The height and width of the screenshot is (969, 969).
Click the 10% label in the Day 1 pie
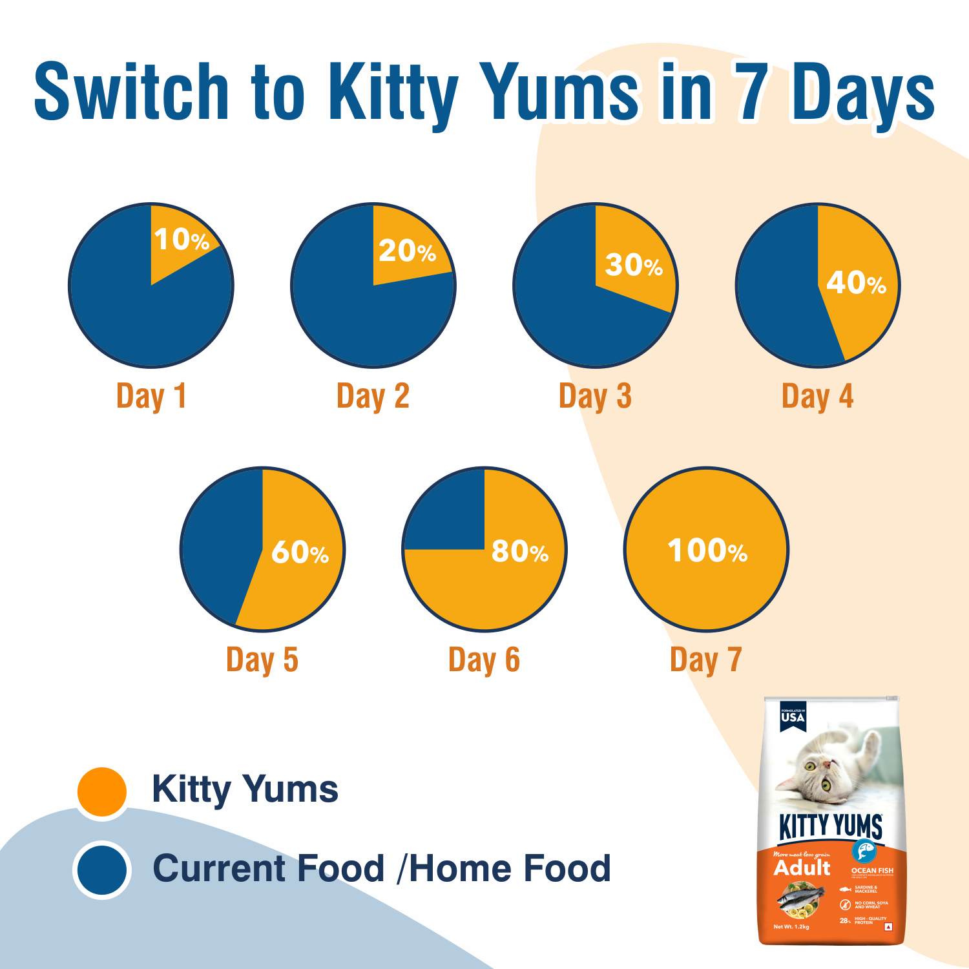pyautogui.click(x=182, y=240)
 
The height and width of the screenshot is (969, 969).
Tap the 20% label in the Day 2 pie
pyautogui.click(x=407, y=251)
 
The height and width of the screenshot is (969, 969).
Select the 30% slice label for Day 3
pyautogui.click(x=634, y=265)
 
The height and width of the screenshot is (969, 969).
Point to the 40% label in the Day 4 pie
pyautogui.click(x=856, y=282)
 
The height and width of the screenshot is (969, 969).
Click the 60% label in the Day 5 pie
pyautogui.click(x=300, y=552)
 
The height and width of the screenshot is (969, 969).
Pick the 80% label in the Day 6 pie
pyautogui.click(x=520, y=551)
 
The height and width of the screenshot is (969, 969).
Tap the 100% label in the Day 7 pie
pyautogui.click(x=707, y=550)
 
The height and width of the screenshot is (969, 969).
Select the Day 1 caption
pyautogui.click(x=151, y=396)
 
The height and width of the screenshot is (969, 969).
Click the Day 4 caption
pyautogui.click(x=817, y=396)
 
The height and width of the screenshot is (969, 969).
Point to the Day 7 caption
pyautogui.click(x=706, y=660)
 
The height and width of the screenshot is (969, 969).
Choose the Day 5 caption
pyautogui.click(x=262, y=660)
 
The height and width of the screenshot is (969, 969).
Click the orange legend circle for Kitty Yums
pyautogui.click(x=101, y=791)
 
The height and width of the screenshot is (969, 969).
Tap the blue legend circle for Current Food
pyautogui.click(x=101, y=870)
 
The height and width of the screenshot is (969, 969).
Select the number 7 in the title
pyautogui.click(x=751, y=92)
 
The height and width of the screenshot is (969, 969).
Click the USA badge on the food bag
pyautogui.click(x=793, y=716)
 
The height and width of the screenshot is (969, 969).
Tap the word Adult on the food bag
pyautogui.click(x=802, y=868)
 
